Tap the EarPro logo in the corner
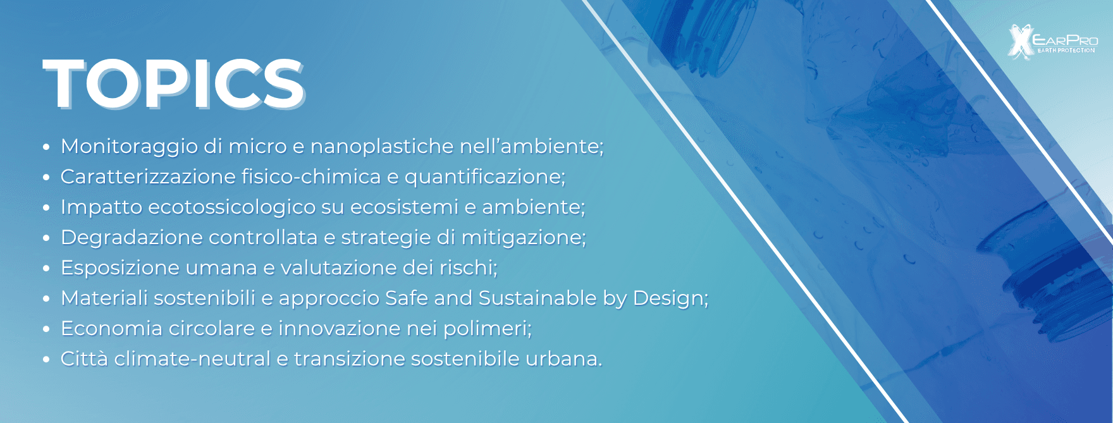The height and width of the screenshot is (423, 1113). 1052,42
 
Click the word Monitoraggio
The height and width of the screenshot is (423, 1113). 129,147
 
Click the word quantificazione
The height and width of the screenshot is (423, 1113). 484,177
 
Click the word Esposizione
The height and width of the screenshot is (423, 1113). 120,268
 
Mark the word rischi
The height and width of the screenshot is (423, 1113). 469,268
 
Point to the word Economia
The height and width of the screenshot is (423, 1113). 111,329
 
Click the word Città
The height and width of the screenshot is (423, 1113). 84,359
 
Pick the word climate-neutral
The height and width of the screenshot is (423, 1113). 192,359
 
